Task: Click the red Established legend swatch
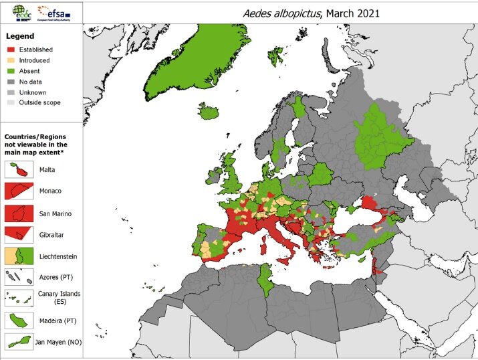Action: tap(9, 50)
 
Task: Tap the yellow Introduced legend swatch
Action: tap(9, 60)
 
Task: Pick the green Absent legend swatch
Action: tap(9, 71)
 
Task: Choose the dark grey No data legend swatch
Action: tap(9, 82)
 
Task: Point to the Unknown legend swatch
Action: tap(9, 92)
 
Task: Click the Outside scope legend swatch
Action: tap(9, 103)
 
